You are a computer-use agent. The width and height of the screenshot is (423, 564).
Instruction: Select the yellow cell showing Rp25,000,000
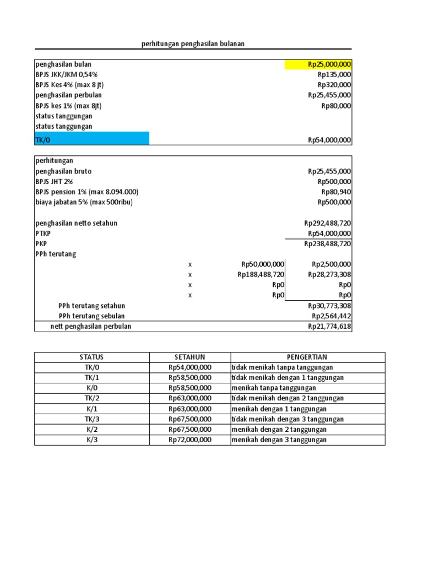point(318,64)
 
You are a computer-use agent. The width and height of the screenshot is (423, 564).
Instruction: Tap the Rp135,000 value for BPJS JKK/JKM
point(334,75)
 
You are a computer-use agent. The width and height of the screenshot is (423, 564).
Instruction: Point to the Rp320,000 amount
point(334,85)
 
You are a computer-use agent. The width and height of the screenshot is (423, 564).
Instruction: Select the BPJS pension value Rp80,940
point(336,192)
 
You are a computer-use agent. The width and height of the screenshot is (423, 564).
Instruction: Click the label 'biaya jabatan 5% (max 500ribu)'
point(84,202)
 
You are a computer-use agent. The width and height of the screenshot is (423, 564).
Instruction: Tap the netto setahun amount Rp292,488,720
point(327,223)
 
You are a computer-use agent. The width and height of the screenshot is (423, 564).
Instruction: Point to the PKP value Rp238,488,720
point(327,244)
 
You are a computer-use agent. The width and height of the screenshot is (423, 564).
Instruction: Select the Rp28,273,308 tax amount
point(331,274)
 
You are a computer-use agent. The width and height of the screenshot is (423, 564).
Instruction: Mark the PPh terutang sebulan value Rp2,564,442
point(331,316)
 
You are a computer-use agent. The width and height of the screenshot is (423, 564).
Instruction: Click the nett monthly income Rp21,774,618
point(329,327)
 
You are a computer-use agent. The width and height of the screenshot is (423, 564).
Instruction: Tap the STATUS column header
point(91,357)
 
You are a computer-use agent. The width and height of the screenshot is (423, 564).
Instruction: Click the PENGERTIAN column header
point(307,357)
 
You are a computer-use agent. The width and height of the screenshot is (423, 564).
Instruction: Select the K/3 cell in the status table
point(91,440)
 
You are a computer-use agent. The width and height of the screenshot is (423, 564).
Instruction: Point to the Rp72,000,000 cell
point(189,440)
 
